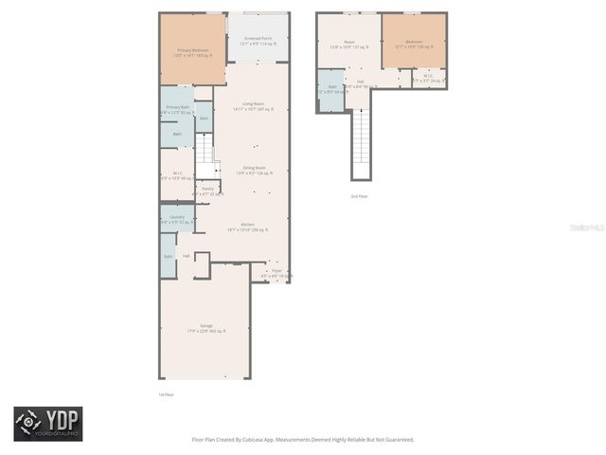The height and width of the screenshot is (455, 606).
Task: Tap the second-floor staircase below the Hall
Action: pos(361,142)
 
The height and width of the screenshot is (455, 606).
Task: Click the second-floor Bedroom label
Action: pos(415,44)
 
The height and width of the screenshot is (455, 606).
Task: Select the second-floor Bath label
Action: pos(332,89)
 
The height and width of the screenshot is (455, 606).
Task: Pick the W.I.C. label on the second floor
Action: pos(428,78)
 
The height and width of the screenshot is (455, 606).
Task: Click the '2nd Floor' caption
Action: pos(360,196)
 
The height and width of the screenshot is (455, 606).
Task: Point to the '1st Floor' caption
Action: pos(167,394)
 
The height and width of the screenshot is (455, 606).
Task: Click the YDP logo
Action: pos(47,424)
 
